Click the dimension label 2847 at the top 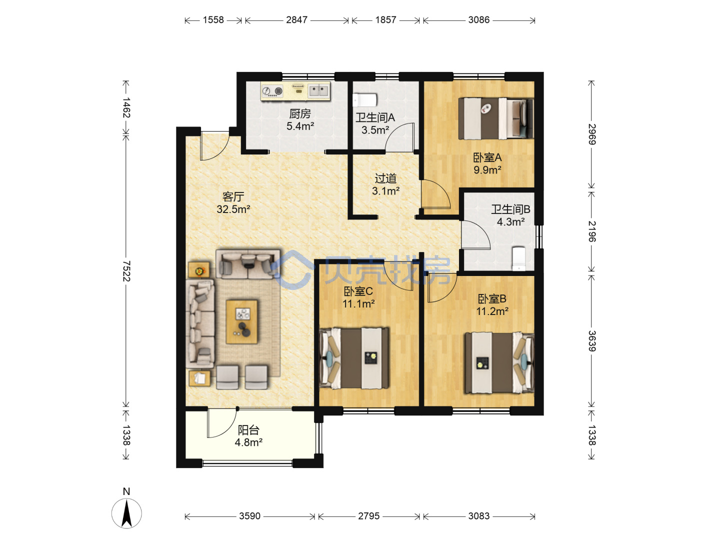pos(296,20)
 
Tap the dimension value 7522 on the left pos(126,271)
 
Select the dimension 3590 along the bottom pos(249,516)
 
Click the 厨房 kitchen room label pos(300,114)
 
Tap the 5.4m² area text pos(300,126)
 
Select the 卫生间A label pos(375,117)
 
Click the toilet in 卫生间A pos(364,100)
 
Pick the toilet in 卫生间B pos(518,258)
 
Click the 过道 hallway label pos(385,178)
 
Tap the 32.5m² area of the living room pos(233,209)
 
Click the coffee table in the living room pos(241,321)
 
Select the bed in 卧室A pos(495,118)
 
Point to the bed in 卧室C pos(354,358)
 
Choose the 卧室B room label pos(491,298)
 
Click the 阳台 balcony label pos(248,430)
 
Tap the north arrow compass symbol pos(126,513)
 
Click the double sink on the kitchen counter pos(318,90)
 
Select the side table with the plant pos(199,270)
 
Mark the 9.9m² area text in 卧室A pos(487,170)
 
